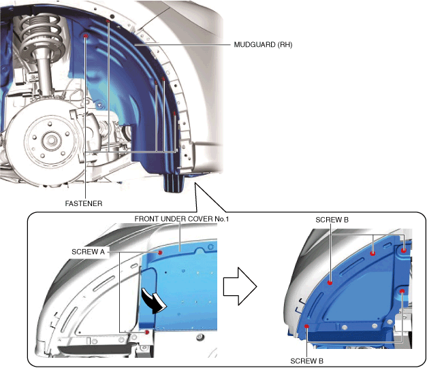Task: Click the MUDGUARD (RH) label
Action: click(x=263, y=46)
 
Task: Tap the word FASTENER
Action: click(x=84, y=202)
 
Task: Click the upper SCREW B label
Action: click(x=332, y=220)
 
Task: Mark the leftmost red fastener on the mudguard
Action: click(x=84, y=35)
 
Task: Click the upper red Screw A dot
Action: click(x=159, y=252)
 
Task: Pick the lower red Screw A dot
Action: click(x=148, y=333)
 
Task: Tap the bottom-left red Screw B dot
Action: click(x=308, y=327)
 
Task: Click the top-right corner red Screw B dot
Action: click(x=404, y=250)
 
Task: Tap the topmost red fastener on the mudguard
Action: click(x=108, y=21)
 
